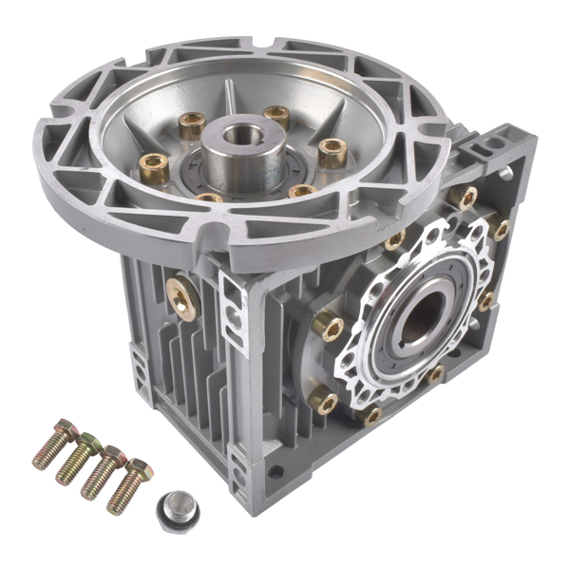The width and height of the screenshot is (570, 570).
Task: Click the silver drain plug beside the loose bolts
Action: coord(177,509)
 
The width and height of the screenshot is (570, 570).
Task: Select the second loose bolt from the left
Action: coord(78,457)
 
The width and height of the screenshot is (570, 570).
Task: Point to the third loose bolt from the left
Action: coord(102,471)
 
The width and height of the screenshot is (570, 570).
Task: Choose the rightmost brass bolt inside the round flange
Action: coord(332,151)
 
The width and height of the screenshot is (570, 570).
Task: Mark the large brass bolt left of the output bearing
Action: coord(329,327)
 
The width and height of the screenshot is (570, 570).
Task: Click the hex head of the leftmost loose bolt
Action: coord(63,430)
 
